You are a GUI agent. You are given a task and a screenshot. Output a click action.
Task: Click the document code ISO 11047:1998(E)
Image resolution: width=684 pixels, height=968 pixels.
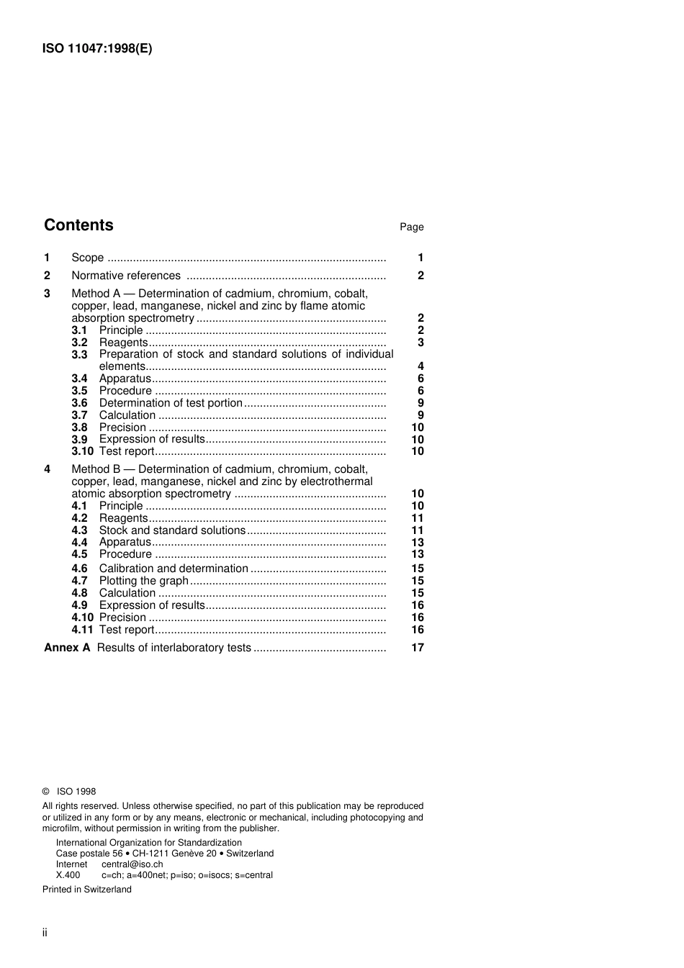pos(97,49)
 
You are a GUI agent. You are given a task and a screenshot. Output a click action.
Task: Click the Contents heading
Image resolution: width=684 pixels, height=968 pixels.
pos(78,225)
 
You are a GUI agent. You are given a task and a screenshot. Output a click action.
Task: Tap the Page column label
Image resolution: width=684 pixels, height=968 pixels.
pos(411,227)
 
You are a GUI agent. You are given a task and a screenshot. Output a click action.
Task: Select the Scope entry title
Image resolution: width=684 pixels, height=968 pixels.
pos(87,258)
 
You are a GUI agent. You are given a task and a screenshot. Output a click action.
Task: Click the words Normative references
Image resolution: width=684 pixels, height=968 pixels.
pos(126,276)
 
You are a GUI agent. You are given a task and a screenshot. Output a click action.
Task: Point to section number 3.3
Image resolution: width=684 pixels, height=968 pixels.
pos(79,355)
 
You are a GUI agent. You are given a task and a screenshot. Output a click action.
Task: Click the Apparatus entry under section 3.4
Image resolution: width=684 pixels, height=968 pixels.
pos(125,379)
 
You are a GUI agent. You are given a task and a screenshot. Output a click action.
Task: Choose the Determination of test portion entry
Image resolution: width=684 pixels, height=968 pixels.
pos(171,403)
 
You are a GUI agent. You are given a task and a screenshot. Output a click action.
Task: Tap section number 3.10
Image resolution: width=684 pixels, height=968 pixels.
pos(82,451)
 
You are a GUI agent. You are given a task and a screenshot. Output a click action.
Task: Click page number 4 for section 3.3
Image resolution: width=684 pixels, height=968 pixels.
pos(420,366)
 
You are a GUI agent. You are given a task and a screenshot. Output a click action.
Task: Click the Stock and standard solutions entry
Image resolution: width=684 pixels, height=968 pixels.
pos(172,530)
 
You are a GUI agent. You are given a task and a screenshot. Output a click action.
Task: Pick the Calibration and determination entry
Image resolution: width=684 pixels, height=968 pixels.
pos(174,569)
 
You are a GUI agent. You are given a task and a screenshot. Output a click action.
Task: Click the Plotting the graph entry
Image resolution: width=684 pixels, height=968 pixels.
pos(143,581)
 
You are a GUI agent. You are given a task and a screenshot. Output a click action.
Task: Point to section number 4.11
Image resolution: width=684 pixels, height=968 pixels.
pos(82,630)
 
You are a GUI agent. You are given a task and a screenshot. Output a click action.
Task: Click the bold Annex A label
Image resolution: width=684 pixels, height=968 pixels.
pos(67,648)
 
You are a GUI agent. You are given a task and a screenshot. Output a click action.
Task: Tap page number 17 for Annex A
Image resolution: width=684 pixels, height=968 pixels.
pos(417,648)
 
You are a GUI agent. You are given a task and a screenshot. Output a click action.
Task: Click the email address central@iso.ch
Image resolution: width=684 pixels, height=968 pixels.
pos(132,864)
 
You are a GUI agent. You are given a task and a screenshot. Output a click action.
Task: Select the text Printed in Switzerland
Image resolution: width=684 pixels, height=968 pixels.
pos(87,890)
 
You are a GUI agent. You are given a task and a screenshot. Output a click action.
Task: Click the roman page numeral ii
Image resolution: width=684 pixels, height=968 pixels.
pos(45,933)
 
